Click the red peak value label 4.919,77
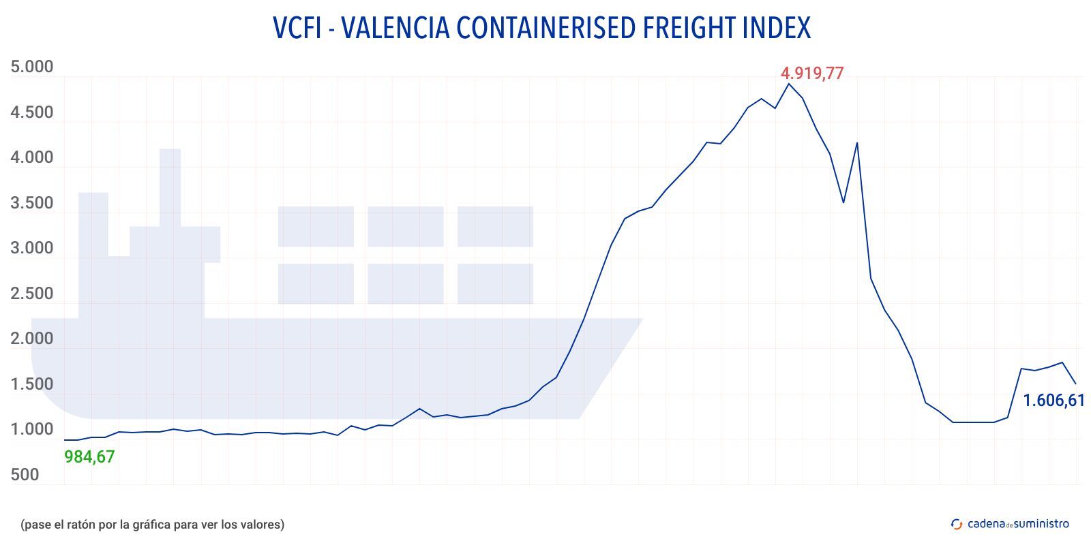coord(811,73)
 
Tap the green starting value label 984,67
coord(89,456)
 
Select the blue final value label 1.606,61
coord(1053,400)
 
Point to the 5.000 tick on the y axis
coord(31,67)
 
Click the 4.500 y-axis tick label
coord(31,112)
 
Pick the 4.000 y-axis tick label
coord(31,157)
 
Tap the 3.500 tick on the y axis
coord(31,203)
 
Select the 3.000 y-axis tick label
coord(31,248)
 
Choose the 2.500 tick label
coord(31,294)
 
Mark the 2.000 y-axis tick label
coord(31,339)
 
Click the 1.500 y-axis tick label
coord(31,384)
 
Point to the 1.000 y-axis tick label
coord(31,429)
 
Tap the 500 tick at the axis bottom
coord(25,475)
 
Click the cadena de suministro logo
coord(1010,524)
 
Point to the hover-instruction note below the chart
coord(152,525)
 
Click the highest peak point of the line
coord(789,84)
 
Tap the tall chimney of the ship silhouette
coord(170,187)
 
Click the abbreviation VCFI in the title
coord(297,28)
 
